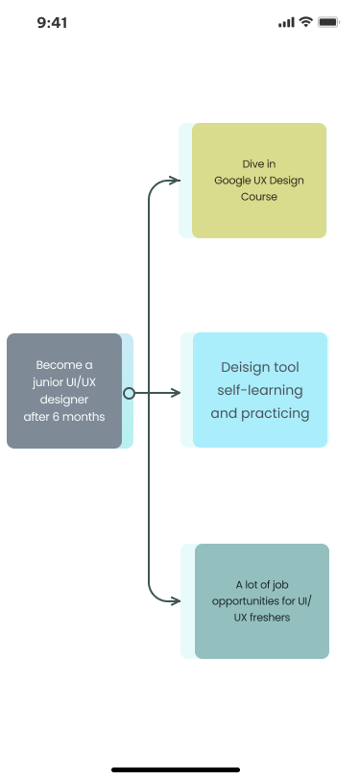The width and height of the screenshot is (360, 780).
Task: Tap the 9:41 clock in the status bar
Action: pos(54,22)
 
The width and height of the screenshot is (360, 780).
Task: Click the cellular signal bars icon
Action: pos(286,22)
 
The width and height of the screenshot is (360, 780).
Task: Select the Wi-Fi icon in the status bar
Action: pos(306,22)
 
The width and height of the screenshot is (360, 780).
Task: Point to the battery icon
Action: pos(329,22)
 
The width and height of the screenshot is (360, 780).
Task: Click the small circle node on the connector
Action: pos(129,393)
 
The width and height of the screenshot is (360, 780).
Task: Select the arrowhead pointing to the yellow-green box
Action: pos(175,180)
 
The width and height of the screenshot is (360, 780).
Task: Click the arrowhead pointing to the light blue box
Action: pos(175,393)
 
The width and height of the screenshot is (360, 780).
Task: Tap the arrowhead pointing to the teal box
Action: pos(175,601)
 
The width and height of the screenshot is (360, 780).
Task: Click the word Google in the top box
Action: pos(231,181)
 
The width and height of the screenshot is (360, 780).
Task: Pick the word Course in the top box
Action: pos(259,197)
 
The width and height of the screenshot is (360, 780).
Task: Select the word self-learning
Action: pos(260,391)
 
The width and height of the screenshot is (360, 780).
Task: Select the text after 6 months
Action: pos(64,417)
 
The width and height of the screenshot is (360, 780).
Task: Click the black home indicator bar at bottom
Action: pos(180,769)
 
